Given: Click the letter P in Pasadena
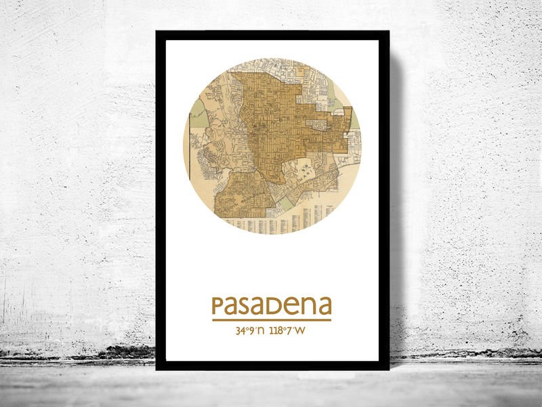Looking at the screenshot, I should [218, 307].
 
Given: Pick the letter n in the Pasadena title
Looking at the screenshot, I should [310, 307].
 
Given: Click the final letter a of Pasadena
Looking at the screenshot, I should [325, 307].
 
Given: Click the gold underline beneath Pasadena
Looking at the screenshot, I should [271, 320].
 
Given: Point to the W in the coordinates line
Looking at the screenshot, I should [301, 332].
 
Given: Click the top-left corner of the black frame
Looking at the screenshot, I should [157, 32].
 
